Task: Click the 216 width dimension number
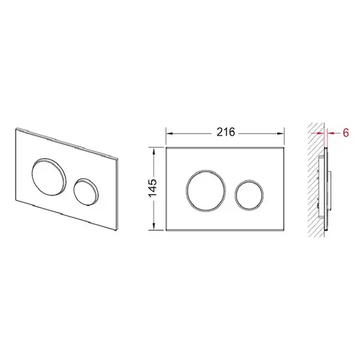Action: pos(226,132)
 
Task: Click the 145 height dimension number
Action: pos(152,188)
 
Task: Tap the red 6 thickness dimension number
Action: pos(346,133)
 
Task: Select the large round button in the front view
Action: pos(206,190)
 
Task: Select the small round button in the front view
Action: pos(249,195)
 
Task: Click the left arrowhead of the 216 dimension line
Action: pos(169,133)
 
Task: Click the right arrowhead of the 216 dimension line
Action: pos(281,133)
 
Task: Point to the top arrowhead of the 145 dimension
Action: pos(154,151)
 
